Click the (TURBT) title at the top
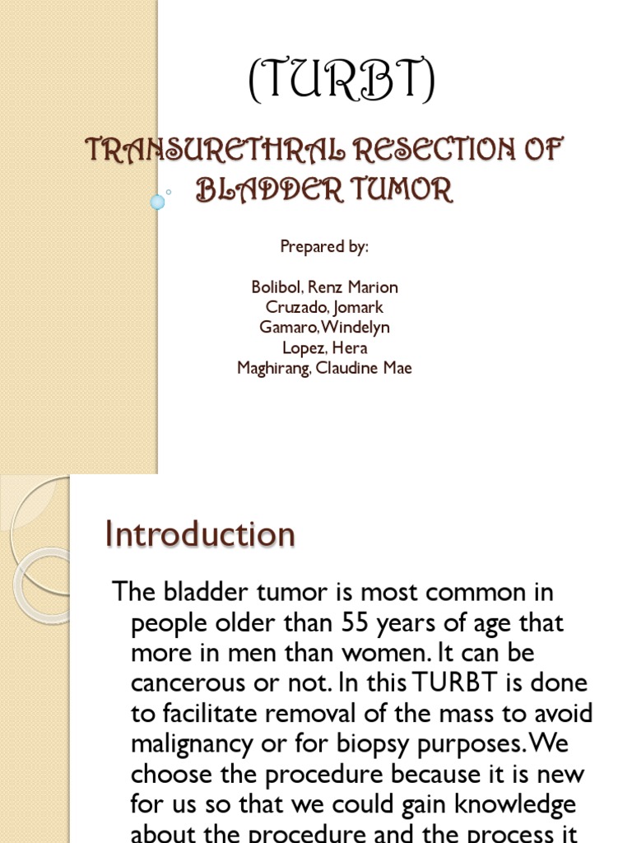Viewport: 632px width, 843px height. (342, 83)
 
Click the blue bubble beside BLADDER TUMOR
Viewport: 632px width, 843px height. (157, 201)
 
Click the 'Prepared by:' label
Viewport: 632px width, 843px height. (324, 246)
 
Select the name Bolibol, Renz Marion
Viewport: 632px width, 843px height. (324, 287)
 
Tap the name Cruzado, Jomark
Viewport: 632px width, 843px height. (324, 307)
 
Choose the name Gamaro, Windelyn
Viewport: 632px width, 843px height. (324, 328)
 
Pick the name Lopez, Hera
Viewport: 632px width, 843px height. (324, 347)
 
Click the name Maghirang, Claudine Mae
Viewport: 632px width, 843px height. (324, 368)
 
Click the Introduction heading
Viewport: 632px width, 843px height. (200, 534)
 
